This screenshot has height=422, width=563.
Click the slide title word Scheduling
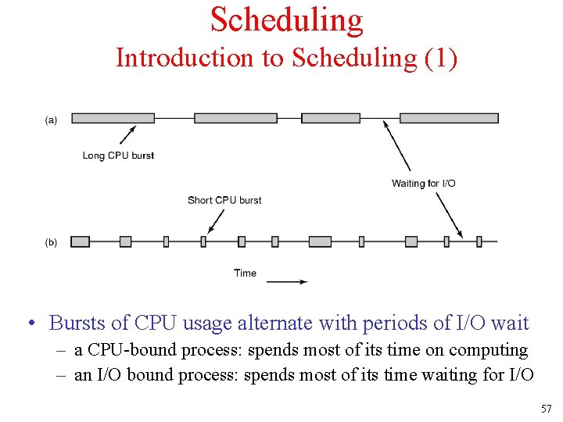286,20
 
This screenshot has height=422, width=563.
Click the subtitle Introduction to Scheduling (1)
286,58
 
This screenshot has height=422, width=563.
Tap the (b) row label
51,242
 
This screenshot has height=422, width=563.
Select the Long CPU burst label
118,156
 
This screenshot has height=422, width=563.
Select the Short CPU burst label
224,200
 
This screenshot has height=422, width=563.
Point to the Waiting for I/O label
423,184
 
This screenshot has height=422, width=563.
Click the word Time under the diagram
245,273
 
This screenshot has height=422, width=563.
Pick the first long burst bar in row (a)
113,118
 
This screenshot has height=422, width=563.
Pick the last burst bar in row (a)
449,118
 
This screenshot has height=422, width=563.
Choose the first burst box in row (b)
80,241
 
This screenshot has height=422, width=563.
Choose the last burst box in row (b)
479,241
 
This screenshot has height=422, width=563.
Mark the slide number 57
545,409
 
